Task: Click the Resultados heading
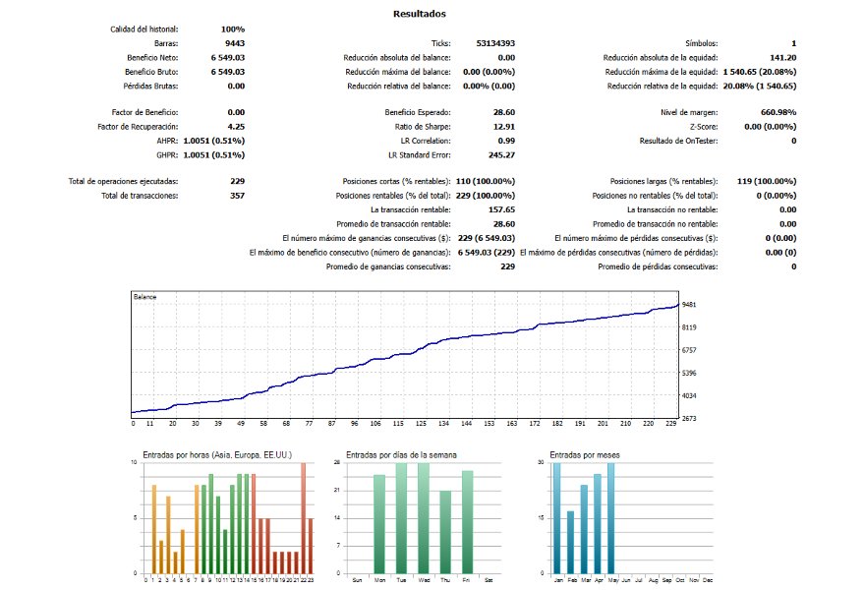point(420,14)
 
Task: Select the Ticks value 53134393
point(495,43)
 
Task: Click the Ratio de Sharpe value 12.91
point(504,126)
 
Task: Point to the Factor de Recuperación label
point(138,126)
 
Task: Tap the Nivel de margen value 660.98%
point(778,112)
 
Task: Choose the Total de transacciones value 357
point(238,196)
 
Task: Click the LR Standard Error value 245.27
point(501,155)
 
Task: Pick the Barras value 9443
point(235,43)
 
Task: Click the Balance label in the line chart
point(144,297)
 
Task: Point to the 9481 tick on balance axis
point(689,305)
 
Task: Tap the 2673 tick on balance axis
point(689,419)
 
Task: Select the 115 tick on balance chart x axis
point(398,424)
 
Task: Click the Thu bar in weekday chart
point(445,532)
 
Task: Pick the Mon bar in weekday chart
point(379,524)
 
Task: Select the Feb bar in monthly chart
point(571,542)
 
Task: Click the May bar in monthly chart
point(610,518)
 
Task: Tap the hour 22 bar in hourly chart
point(303,518)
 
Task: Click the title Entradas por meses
point(585,455)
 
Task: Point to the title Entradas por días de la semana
point(401,455)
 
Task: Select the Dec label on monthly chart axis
point(708,580)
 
